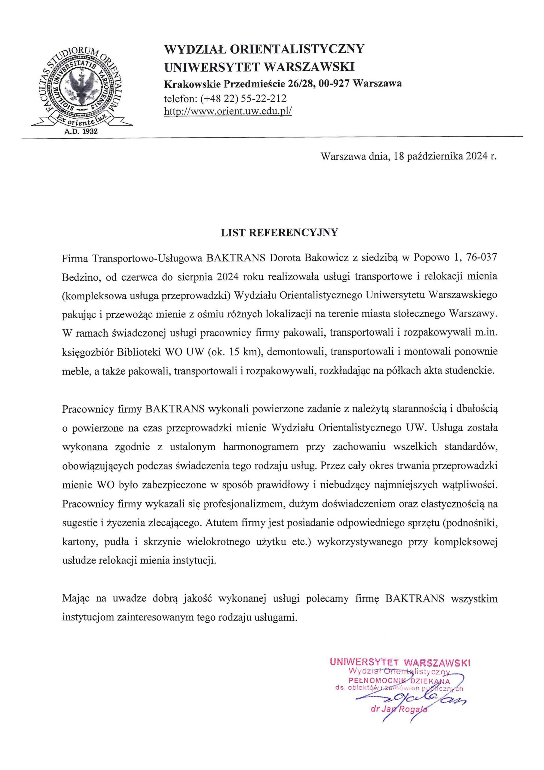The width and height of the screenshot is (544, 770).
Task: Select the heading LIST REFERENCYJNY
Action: pos(279,233)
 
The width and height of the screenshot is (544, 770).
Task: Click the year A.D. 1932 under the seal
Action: pos(81,131)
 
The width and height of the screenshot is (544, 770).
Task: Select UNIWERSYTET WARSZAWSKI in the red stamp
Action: pos(400,662)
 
